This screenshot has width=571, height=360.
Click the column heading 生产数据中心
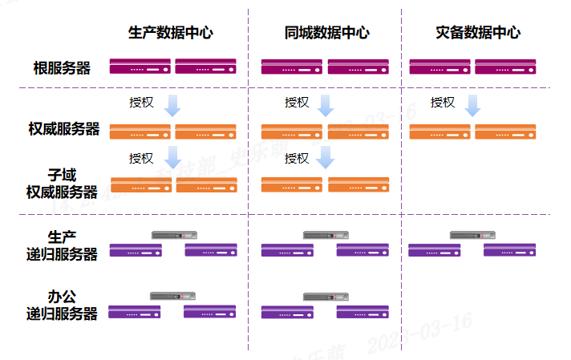(x=171, y=33)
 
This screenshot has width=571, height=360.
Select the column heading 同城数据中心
(x=326, y=33)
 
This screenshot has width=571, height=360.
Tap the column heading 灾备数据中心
(x=478, y=33)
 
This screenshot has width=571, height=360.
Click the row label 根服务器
(x=62, y=68)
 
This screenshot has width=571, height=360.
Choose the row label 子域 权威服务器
(x=62, y=184)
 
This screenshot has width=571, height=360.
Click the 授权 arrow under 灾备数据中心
(x=473, y=105)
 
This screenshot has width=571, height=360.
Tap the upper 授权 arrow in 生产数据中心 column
(x=172, y=105)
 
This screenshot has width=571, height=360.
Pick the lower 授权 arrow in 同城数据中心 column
(x=325, y=157)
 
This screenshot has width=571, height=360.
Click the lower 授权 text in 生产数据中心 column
(x=141, y=158)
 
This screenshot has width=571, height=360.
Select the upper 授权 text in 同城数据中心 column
(x=297, y=102)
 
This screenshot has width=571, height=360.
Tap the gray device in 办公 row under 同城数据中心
(x=325, y=297)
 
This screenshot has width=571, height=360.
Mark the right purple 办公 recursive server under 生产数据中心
(x=209, y=312)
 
